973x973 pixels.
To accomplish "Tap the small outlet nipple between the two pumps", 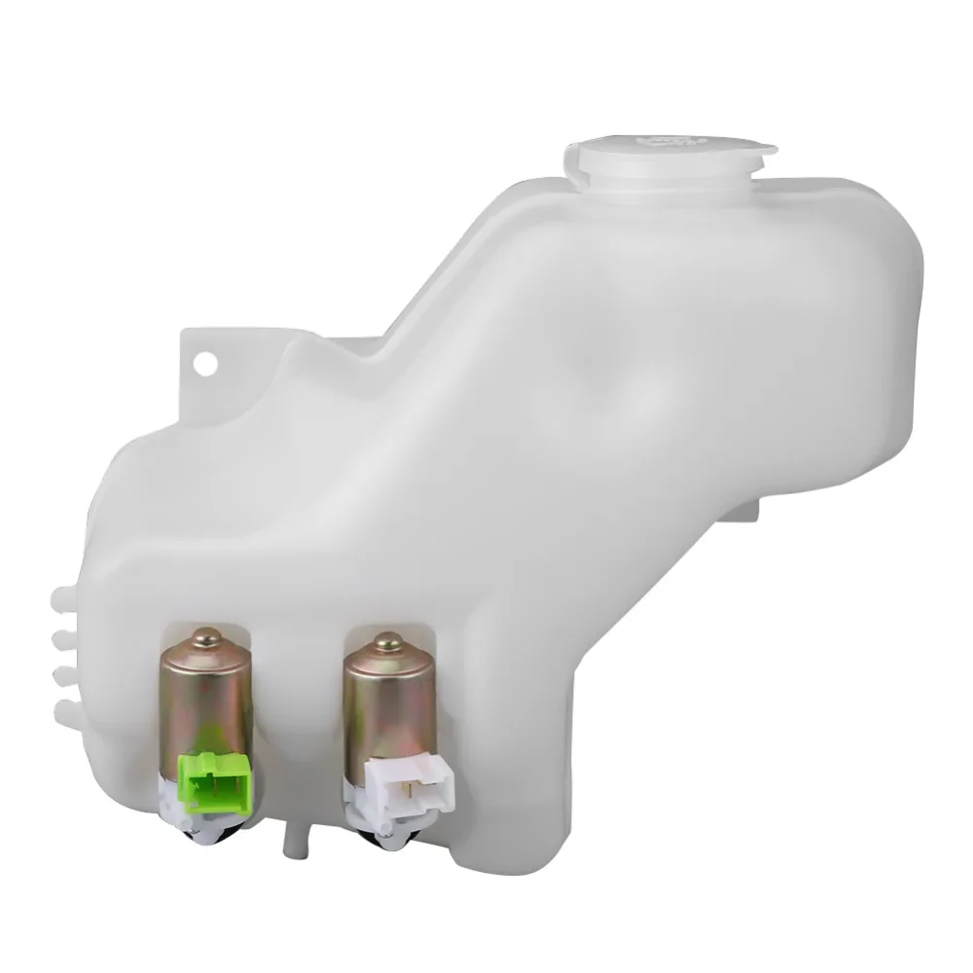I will click(289, 838).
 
